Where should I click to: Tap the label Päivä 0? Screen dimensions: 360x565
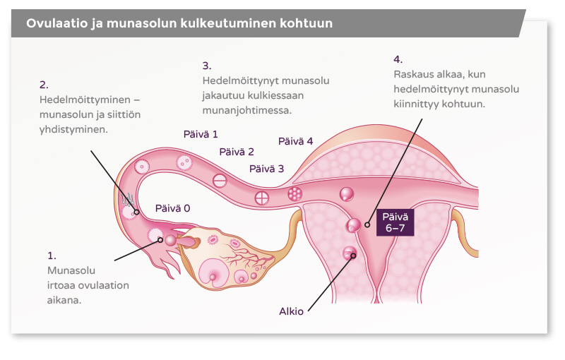(x=173, y=209)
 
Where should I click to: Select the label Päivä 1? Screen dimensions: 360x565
(x=201, y=133)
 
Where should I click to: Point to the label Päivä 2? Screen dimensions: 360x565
(x=237, y=152)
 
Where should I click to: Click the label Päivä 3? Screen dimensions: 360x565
(x=267, y=169)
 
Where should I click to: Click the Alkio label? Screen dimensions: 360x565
(x=292, y=311)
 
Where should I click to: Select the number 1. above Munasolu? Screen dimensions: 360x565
(x=52, y=255)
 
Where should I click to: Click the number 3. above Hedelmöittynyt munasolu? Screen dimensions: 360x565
(x=207, y=66)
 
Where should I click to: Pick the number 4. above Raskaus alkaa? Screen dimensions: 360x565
(x=398, y=59)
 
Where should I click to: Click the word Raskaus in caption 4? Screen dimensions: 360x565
(x=414, y=74)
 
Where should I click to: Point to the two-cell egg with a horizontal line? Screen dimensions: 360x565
(x=220, y=181)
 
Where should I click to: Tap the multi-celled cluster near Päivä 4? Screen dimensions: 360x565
(x=295, y=193)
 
